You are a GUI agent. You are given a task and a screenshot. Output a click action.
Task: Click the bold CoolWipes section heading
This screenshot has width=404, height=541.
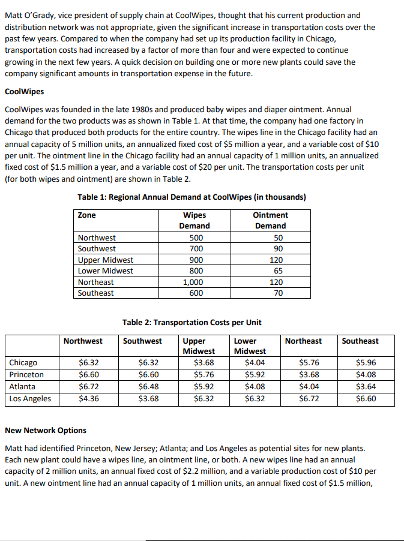pyautogui.click(x=24, y=92)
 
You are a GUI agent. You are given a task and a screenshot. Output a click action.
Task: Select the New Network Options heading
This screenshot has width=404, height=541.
pyautogui.click(x=46, y=430)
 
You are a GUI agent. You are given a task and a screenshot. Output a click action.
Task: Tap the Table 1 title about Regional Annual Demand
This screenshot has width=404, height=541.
pyautogui.click(x=192, y=197)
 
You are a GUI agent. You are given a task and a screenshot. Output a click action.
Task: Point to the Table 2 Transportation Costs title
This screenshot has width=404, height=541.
pyautogui.click(x=191, y=323)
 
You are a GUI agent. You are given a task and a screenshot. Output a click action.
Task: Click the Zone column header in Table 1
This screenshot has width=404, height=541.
pyautogui.click(x=87, y=215)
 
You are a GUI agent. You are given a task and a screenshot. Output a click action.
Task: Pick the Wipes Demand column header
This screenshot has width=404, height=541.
pyautogui.click(x=194, y=220)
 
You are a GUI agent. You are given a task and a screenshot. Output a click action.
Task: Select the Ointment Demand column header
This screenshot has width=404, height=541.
pyautogui.click(x=270, y=220)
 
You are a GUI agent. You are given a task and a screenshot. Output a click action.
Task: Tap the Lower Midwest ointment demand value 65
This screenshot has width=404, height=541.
pyautogui.click(x=270, y=270)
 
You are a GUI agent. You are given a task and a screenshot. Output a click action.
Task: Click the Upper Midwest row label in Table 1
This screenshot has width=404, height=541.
pyautogui.click(x=106, y=260)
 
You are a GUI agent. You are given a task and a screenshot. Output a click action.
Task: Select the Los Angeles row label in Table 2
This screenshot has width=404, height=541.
pyautogui.click(x=30, y=398)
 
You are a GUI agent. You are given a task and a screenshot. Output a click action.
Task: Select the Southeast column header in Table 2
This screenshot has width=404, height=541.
pyautogui.click(x=360, y=341)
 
